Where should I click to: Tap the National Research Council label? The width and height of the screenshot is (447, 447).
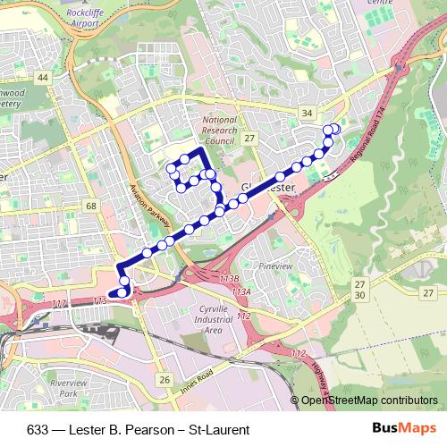click(219, 130)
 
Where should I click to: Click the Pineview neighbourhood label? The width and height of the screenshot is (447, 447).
click(275, 266)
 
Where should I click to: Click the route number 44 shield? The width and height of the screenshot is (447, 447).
click(42, 78)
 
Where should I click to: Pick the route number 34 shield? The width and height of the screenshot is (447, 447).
click(308, 113)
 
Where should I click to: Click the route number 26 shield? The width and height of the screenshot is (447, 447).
click(164, 381)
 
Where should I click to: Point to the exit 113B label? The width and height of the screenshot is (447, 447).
click(229, 280)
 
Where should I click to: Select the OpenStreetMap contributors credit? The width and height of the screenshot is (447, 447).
click(368, 401)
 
